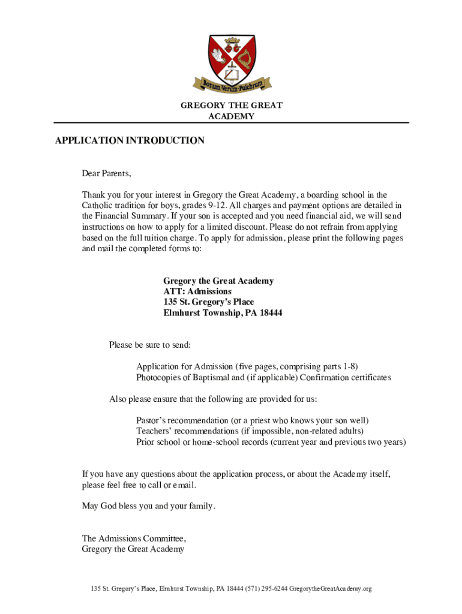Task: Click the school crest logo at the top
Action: click(231, 57)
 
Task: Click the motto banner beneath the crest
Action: click(232, 85)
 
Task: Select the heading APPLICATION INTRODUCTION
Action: click(130, 141)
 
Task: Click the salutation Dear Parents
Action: click(106, 174)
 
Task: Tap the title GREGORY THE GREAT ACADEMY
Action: click(231, 111)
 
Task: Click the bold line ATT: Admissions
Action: click(197, 291)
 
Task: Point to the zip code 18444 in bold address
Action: click(271, 313)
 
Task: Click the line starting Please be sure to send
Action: click(150, 345)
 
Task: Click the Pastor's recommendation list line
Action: click(253, 420)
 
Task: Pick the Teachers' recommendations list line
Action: click(250, 431)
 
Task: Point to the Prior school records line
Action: click(271, 442)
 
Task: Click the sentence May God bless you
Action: click(148, 506)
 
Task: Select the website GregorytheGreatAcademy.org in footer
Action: click(331, 589)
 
